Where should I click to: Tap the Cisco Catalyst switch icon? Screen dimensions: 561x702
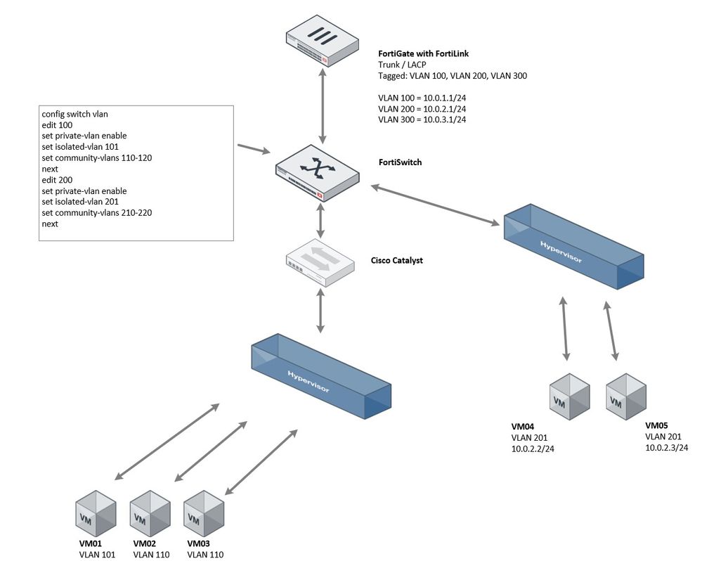(320, 262)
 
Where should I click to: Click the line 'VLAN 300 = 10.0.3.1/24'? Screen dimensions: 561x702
(422, 120)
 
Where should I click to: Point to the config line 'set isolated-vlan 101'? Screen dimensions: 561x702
(79, 147)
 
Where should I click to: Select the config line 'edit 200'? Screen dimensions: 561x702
(57, 180)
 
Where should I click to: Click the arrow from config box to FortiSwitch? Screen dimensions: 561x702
(254, 148)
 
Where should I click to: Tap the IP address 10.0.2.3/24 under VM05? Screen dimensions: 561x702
(666, 447)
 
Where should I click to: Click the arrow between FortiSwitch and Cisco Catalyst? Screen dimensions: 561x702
(321, 221)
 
